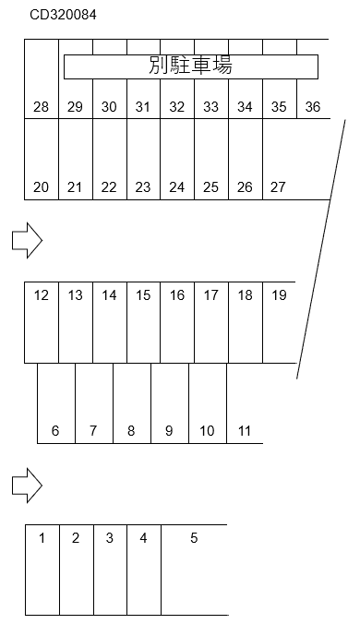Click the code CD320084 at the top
pos(63,15)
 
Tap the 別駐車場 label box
pos(190,66)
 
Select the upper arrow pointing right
pos(27,241)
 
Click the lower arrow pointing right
pos(27,484)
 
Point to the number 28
pos(41,107)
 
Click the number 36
pos(313,107)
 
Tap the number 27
pos(278,187)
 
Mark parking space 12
pos(41,322)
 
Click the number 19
pos(279,295)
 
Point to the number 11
pos(245,430)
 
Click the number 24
pos(177,187)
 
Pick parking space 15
pos(143,322)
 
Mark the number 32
pos(177,107)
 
